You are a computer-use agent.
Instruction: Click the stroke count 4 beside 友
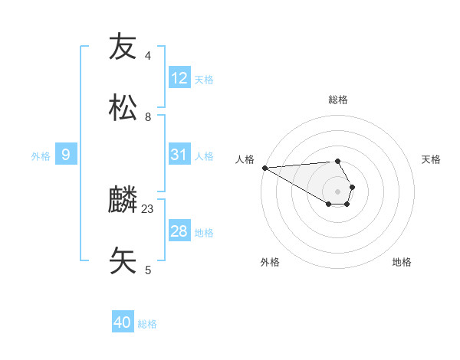tap(147, 56)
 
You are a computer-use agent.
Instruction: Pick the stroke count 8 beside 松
tap(147, 117)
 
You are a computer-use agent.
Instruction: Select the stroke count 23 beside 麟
tap(148, 209)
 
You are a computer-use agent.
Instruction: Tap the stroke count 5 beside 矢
tap(147, 270)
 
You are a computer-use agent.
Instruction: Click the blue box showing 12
tap(179, 78)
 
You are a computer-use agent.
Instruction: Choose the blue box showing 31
tap(179, 155)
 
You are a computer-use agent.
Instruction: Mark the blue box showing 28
tap(179, 231)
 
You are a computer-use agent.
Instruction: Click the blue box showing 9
tap(66, 155)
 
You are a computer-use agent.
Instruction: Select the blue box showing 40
tap(123, 322)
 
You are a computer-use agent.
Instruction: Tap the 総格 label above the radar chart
tap(338, 100)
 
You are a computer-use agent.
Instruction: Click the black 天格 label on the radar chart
tap(432, 159)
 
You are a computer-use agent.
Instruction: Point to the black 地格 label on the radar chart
tap(402, 262)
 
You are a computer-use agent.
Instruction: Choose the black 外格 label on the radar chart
tap(270, 262)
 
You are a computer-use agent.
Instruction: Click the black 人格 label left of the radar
tap(244, 159)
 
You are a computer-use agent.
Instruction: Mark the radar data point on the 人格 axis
tap(264, 168)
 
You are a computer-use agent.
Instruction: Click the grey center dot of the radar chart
tap(338, 191)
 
